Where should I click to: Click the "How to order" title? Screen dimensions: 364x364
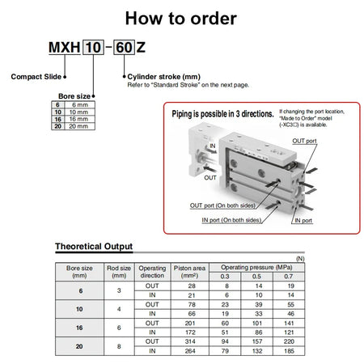(181, 18)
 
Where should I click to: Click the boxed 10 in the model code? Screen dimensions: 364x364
(94, 49)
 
